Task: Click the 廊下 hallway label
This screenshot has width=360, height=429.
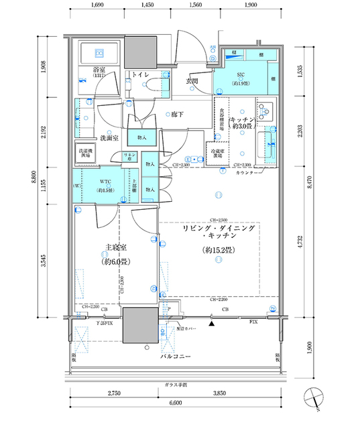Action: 178,115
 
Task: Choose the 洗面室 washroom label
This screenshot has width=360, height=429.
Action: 109,137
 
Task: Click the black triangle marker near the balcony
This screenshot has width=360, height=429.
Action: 213,324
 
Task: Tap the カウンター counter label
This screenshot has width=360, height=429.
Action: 249,173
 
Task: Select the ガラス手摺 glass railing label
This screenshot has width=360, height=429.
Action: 176,385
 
